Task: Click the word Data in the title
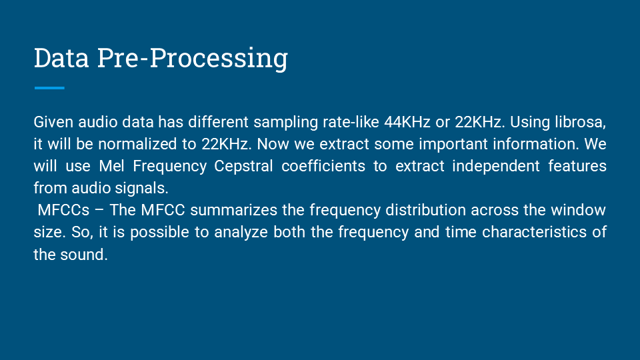coord(61,58)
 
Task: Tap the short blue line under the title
coord(49,88)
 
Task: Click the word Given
coord(53,123)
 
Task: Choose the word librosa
coord(579,123)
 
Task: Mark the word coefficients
coord(323,167)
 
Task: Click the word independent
coord(493,167)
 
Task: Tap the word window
coord(578,211)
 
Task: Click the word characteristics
coord(531,233)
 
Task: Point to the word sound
coord(83,255)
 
